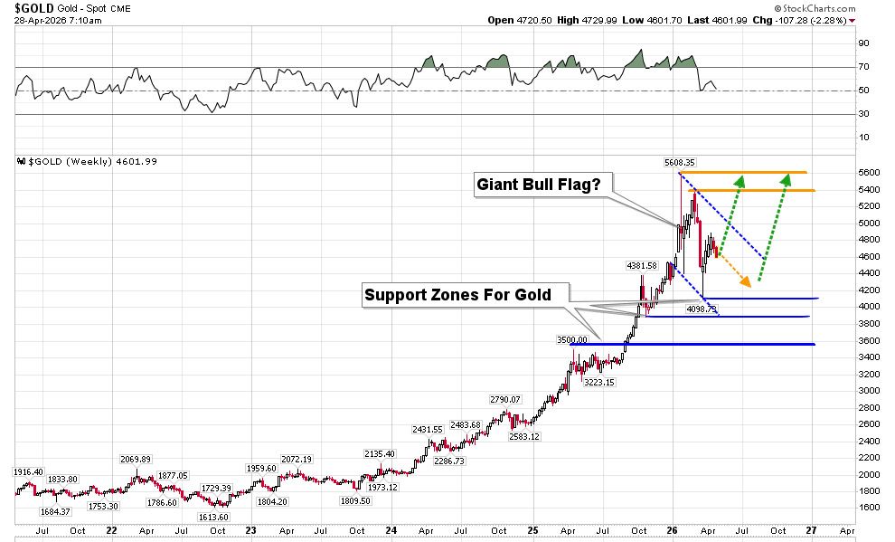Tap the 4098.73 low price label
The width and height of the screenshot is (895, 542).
702,309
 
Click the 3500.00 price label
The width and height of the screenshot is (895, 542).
571,340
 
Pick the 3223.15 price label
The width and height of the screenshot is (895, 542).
598,383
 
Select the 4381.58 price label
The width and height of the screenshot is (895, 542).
644,265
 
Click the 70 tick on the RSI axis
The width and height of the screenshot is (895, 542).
863,67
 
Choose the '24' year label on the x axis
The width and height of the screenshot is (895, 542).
391,531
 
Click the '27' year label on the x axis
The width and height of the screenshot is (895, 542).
811,531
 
